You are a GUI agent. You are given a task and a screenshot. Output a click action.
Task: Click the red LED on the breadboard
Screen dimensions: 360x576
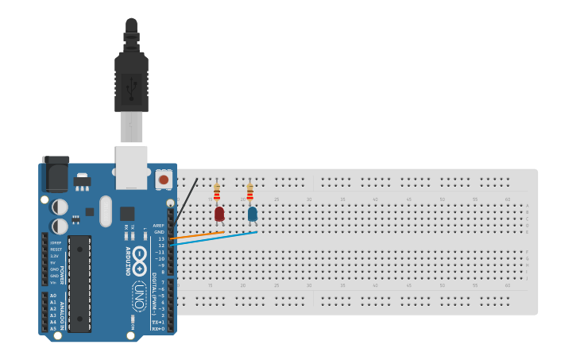[219, 214]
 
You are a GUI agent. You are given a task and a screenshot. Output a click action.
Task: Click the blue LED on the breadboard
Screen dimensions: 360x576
[253, 214]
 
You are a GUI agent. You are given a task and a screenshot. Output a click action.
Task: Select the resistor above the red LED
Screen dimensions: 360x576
[217, 192]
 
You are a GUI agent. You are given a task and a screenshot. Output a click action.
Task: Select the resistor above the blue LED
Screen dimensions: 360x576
[249, 192]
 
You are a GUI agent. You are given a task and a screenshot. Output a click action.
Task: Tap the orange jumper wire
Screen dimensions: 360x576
[199, 234]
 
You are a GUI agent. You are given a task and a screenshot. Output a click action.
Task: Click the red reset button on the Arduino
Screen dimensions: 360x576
[164, 180]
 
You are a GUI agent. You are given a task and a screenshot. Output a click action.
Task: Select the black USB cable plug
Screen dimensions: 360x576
[131, 79]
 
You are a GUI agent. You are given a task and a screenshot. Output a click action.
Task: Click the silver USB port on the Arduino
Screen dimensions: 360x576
[131, 167]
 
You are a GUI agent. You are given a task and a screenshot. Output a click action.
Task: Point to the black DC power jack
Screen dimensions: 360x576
[56, 174]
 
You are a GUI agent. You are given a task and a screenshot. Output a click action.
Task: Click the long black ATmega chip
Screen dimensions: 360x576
[79, 283]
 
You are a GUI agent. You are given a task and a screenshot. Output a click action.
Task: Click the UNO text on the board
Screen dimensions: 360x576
[138, 292]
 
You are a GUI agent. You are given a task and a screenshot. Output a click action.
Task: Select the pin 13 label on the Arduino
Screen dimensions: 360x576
[161, 238]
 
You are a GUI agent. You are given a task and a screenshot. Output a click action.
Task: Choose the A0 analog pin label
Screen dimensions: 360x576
[53, 296]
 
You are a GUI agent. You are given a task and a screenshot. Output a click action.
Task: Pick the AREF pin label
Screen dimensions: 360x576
[159, 226]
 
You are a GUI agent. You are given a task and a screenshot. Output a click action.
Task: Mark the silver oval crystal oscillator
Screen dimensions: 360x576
[106, 211]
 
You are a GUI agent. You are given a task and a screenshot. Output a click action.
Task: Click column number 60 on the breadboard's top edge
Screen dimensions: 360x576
[508, 199]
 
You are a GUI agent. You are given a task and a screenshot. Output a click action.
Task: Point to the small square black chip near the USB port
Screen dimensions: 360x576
[127, 213]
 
